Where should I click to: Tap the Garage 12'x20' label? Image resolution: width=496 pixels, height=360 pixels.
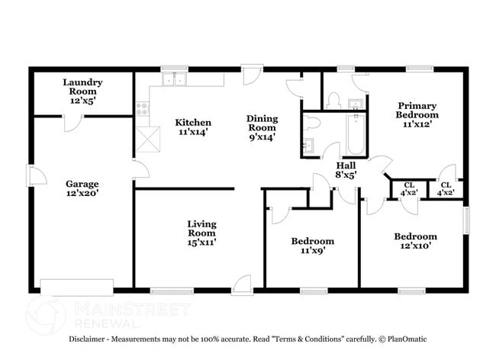[x=82, y=188]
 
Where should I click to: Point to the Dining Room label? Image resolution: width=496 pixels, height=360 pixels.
[x=262, y=127]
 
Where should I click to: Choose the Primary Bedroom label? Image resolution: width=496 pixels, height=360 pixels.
[x=416, y=114]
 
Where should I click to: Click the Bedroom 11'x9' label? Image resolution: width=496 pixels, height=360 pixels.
[x=313, y=246]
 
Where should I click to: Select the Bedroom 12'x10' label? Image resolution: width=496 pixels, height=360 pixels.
[x=415, y=241]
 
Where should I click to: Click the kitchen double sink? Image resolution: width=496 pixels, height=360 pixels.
[x=175, y=79]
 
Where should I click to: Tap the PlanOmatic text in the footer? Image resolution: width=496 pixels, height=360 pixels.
[x=407, y=339]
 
